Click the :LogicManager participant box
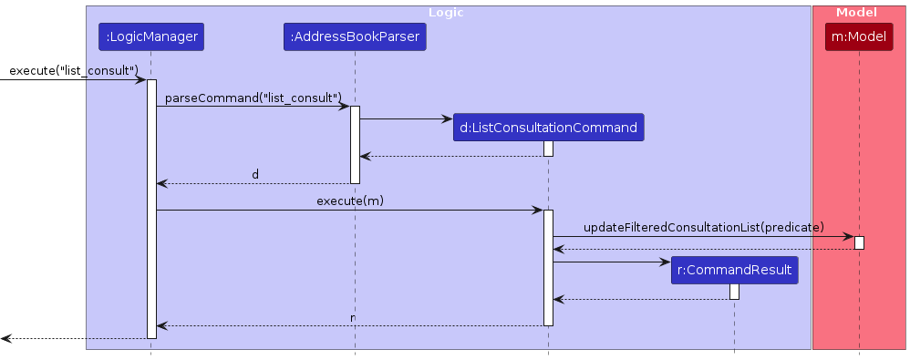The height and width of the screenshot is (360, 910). click(150, 36)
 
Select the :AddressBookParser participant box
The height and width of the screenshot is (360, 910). click(355, 36)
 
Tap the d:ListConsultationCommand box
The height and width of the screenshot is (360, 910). click(548, 128)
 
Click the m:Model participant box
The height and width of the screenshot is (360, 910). click(858, 36)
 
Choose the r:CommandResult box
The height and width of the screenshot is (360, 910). click(734, 271)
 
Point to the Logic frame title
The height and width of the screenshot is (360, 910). click(448, 12)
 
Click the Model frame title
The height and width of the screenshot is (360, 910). click(858, 12)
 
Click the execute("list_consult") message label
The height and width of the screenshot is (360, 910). click(73, 70)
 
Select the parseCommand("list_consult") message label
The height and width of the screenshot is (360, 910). click(253, 97)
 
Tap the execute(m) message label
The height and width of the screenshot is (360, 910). click(349, 201)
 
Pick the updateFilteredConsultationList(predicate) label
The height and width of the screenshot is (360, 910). click(704, 226)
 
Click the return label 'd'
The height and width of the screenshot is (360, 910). click(255, 174)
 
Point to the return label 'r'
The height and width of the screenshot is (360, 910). click(353, 316)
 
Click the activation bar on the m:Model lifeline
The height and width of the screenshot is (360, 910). click(859, 242)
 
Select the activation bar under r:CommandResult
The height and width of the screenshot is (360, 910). click(734, 292)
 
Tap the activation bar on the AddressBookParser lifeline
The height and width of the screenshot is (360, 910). click(355, 144)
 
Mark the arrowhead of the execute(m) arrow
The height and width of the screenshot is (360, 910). click(538, 211)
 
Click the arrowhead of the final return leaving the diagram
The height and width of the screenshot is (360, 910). click(6, 338)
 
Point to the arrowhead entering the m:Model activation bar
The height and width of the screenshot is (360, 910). click(848, 236)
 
